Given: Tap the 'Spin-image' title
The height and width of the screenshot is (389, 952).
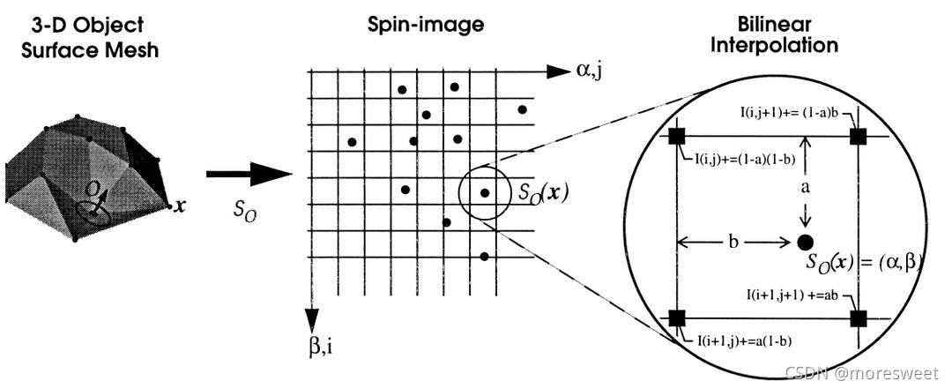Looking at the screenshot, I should (426, 25).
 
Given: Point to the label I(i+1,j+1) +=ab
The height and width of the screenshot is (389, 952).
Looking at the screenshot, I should (784, 296).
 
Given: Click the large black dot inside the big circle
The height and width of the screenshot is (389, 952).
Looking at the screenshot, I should (804, 241).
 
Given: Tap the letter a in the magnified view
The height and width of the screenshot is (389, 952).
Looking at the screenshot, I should (804, 188).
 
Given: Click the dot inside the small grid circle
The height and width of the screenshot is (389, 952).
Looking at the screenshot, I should (484, 193).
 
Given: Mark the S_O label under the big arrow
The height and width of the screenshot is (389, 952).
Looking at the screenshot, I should (247, 213).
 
